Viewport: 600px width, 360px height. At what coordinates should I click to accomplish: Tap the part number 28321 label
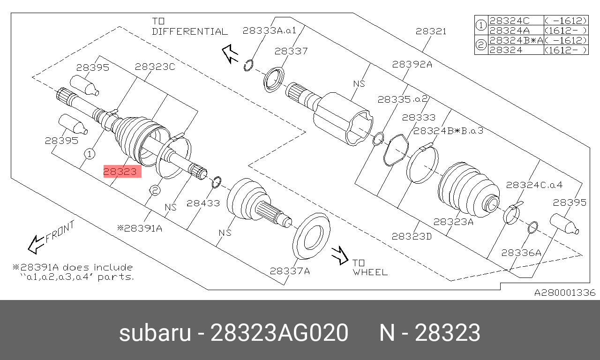431,31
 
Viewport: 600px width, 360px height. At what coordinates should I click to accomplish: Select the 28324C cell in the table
510,21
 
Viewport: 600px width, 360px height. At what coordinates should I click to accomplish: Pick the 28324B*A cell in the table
516,40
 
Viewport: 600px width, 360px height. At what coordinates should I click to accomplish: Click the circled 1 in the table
481,25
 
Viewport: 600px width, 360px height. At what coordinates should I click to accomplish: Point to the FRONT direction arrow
36,244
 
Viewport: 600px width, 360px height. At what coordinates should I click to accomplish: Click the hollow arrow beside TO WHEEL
340,255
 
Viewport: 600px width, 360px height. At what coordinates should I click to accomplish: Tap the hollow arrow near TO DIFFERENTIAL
230,54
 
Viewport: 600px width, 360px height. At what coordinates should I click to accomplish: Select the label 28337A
290,271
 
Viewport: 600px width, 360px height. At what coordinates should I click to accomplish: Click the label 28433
203,203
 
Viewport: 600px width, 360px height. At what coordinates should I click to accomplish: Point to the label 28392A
412,64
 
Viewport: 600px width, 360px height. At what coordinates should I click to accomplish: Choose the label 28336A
521,253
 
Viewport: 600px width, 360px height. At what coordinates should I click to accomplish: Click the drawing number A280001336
565,292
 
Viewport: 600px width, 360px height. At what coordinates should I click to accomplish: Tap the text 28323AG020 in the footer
279,333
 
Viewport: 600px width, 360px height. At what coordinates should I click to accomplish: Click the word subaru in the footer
155,333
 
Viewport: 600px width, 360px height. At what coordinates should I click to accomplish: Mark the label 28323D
412,236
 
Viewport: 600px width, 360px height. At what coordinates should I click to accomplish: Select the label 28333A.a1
270,30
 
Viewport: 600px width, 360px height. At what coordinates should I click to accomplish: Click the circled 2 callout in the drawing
155,190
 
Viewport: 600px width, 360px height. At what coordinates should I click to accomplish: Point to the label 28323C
155,67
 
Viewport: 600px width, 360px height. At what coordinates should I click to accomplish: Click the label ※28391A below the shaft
140,228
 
